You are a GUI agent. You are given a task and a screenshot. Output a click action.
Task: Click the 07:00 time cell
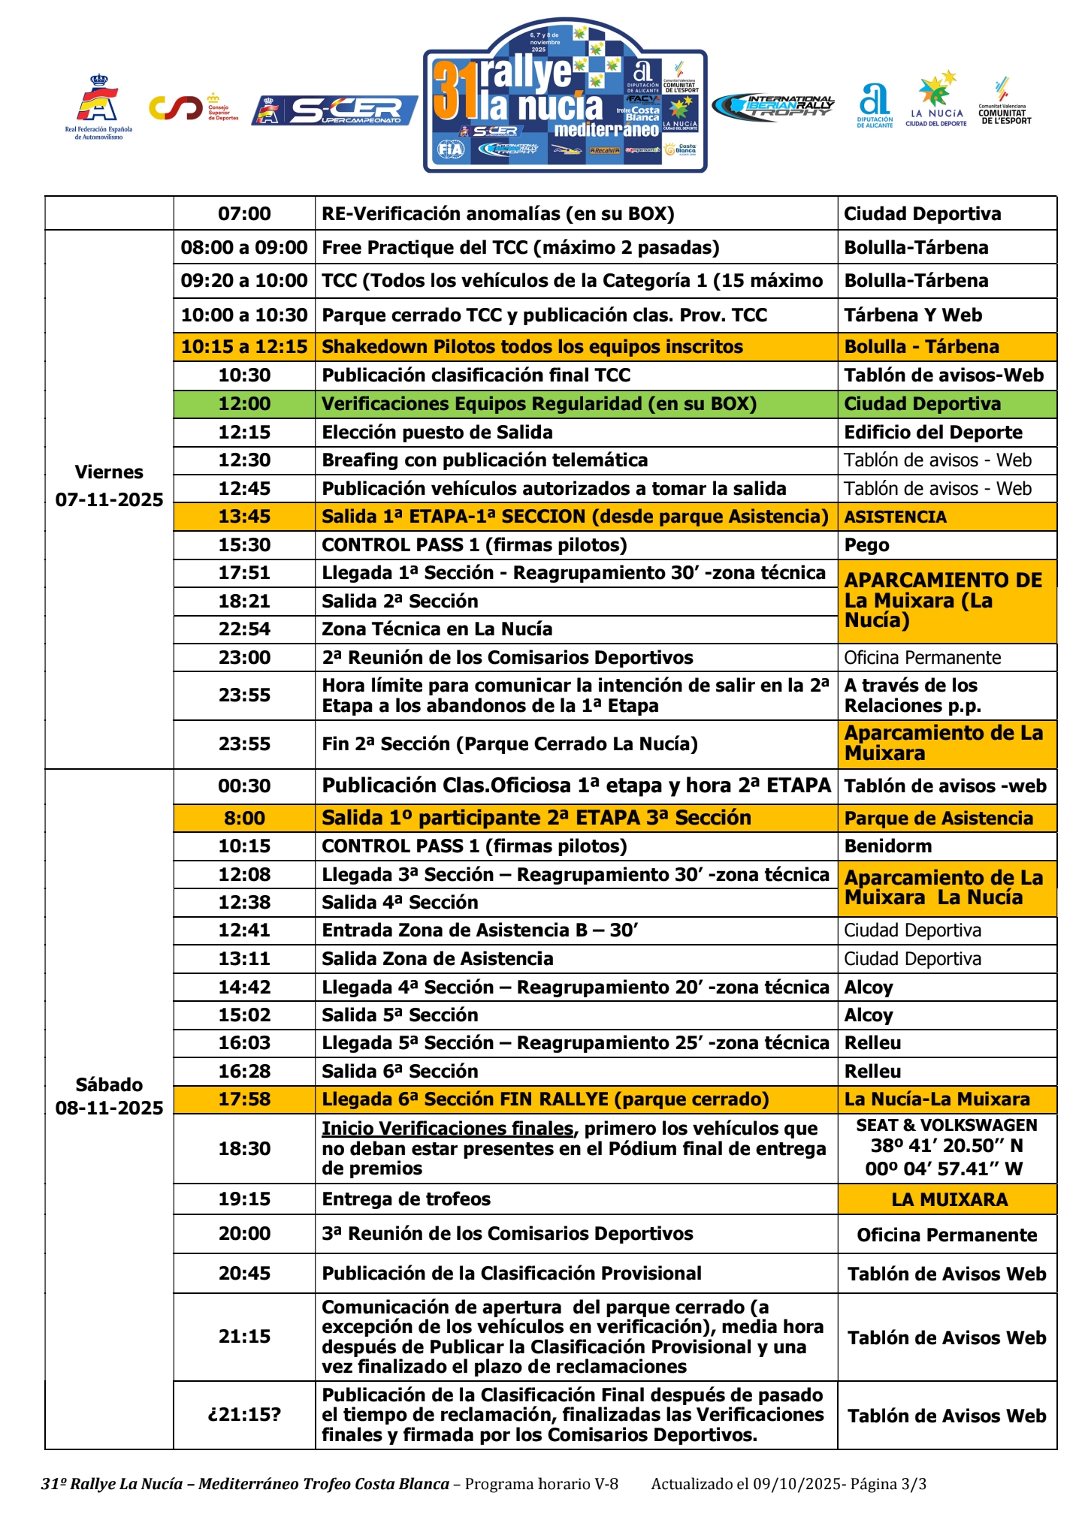click(244, 214)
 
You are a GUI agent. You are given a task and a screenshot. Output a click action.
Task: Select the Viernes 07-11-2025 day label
click(109, 486)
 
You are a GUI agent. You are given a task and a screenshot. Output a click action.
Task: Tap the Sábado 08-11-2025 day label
click(109, 1096)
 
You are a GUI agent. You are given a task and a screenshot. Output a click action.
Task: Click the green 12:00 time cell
click(244, 404)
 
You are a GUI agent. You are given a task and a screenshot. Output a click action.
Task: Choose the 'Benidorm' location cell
click(887, 846)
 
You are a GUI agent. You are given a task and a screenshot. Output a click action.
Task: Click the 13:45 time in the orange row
click(244, 517)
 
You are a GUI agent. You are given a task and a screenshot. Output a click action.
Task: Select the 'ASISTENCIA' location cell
click(895, 517)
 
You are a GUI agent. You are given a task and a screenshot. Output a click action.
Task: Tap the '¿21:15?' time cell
click(244, 1415)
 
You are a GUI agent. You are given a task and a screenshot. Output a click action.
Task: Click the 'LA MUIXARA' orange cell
click(949, 1199)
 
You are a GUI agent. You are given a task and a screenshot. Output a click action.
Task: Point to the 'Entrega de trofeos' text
click(406, 1199)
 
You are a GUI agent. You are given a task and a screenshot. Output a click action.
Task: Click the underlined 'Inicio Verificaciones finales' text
click(447, 1129)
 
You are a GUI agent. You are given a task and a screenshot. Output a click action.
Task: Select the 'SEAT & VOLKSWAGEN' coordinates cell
click(946, 1147)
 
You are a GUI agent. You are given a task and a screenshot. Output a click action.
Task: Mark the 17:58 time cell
click(244, 1099)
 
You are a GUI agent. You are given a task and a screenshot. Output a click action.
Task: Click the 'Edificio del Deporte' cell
click(932, 433)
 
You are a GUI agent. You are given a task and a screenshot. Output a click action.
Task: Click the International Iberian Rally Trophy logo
click(774, 107)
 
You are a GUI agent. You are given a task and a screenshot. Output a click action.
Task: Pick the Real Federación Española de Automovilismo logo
click(98, 107)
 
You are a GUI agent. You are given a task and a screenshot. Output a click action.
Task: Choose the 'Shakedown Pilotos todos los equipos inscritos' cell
click(532, 347)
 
